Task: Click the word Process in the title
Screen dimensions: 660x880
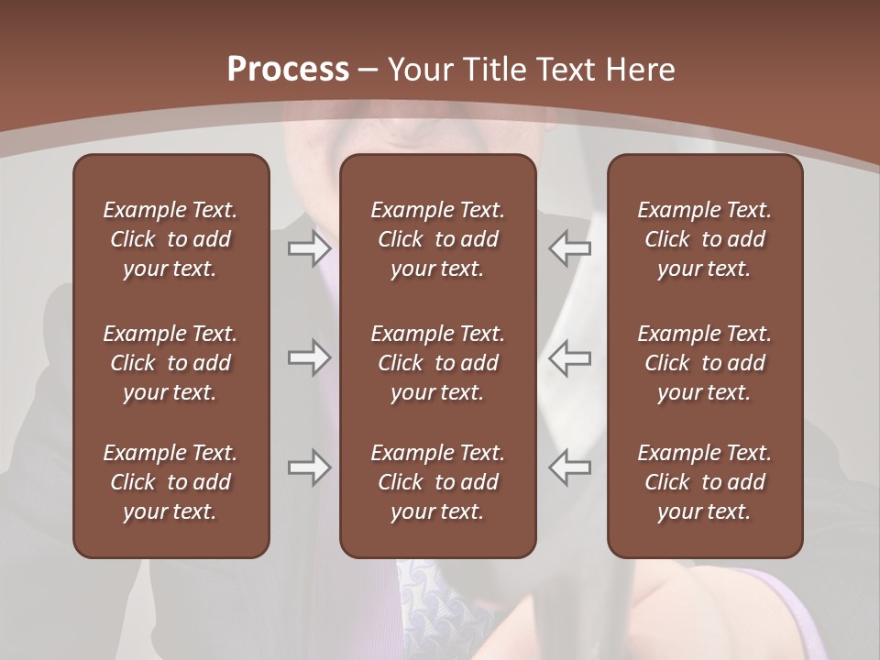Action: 288,70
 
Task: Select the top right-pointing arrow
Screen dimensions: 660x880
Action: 310,247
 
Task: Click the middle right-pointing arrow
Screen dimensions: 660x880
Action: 310,357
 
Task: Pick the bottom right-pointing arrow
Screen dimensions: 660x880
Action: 310,467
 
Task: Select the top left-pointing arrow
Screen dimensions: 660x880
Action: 569,247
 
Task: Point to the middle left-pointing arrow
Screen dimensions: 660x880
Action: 569,357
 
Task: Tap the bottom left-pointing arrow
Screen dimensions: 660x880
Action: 569,467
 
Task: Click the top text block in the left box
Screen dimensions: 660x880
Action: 170,239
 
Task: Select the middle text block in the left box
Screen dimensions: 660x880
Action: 170,363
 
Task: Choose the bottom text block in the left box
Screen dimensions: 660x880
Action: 170,482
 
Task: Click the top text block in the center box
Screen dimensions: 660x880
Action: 437,239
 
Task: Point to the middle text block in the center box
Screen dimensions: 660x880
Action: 437,363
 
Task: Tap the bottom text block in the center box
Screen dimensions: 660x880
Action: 437,482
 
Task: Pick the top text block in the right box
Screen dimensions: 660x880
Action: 704,239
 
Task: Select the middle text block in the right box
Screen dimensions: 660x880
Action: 704,363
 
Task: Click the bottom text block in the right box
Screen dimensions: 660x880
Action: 704,482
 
